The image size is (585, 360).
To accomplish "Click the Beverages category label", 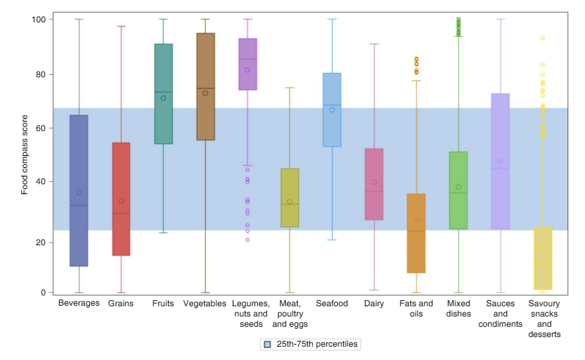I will tap(79, 303).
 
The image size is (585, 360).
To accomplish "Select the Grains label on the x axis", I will tap(121, 303).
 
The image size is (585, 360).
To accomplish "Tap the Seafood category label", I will tap(332, 303).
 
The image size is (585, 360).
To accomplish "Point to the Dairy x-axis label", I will tap(374, 303).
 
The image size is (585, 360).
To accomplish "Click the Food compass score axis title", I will tap(25, 156).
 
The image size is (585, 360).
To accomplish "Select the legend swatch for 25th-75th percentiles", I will tap(267, 344).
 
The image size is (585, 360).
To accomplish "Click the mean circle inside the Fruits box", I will tap(163, 98).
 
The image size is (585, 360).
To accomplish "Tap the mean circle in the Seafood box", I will tap(332, 110).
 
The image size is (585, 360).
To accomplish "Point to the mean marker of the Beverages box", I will tap(79, 192).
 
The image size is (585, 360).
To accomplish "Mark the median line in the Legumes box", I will tap(248, 59).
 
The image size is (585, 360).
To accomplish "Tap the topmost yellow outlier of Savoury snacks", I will tap(543, 38).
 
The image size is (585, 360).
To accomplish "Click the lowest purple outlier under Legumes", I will tap(248, 240).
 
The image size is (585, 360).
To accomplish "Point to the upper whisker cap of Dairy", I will tap(374, 44).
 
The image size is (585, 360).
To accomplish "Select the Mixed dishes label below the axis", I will tap(459, 308).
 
